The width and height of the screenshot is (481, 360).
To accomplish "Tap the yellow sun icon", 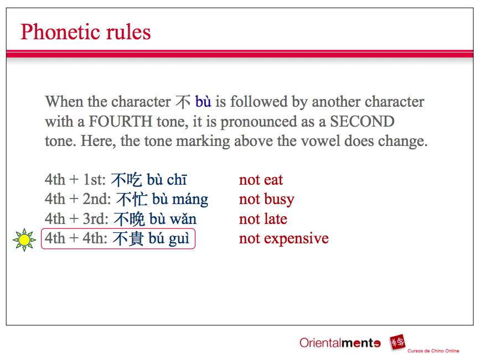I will coord(24,239).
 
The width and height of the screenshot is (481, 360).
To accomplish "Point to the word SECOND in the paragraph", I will coord(362,121).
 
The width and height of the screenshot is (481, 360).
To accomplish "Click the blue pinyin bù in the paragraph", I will coord(203,102).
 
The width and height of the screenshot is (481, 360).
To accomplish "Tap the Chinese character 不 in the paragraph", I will coord(183,102).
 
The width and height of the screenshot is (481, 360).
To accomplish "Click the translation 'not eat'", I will coord(261,180).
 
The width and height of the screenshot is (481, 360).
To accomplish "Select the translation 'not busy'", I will coord(266,200).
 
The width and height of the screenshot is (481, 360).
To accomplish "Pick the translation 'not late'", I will coord(263,219).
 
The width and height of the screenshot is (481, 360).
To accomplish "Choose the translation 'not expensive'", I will coord(283,239).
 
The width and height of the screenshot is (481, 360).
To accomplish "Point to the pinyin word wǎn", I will coord(183,219).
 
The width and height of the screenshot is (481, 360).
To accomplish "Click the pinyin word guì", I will coord(179,239).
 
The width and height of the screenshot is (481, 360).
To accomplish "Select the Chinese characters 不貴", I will coord(128,239).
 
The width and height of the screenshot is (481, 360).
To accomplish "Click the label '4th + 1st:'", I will coord(75,180).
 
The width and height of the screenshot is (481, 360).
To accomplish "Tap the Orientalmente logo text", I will coord(340,343).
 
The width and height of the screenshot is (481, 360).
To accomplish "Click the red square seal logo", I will coord(397,342).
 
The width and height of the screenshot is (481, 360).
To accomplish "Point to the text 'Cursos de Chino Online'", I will coord(433,351).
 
